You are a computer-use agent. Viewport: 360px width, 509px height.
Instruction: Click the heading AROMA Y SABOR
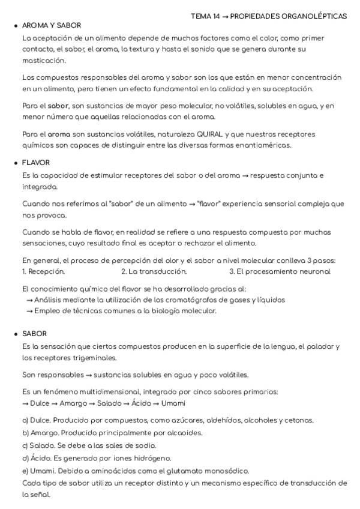[51, 26]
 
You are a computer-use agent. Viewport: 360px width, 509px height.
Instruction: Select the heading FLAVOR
[36, 163]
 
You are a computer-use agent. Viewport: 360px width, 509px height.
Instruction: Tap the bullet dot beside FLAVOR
[15, 163]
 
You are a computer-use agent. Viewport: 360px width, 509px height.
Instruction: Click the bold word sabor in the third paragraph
[58, 106]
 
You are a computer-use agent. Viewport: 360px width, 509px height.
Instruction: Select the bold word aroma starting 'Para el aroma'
[59, 134]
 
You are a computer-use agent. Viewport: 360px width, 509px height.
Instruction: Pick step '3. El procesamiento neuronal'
[280, 271]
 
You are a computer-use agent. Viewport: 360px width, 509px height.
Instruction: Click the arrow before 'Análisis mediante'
[29, 300]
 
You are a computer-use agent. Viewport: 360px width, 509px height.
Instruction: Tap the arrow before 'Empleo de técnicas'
[29, 310]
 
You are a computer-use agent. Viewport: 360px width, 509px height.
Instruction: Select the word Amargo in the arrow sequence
[73, 403]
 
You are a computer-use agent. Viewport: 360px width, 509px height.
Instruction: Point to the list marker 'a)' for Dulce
[25, 420]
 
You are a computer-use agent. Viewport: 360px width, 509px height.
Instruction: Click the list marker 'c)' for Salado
[25, 445]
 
